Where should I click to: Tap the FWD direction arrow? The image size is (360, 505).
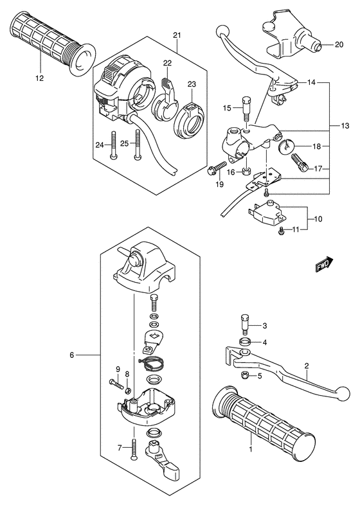point(323,265)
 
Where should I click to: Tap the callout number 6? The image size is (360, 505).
point(72,355)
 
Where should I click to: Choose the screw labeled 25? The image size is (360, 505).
point(137,145)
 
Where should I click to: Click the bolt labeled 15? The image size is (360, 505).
point(244,106)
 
